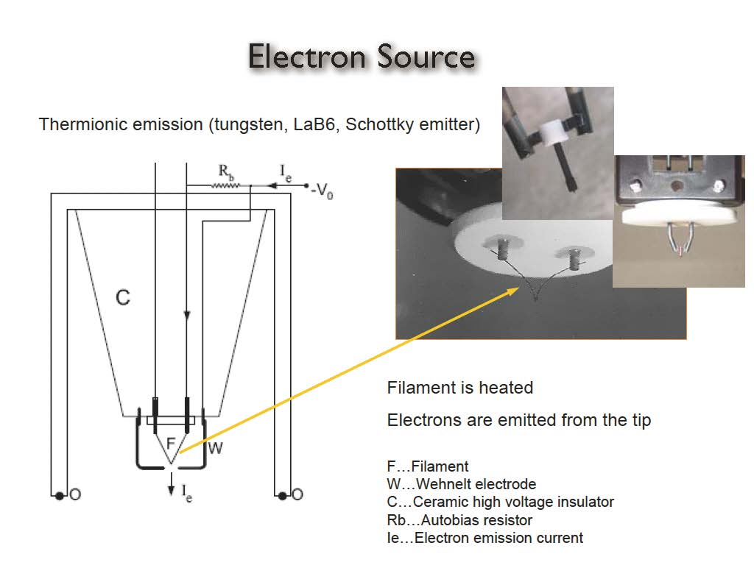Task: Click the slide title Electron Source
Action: point(362,57)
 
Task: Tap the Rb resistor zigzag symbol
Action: point(224,185)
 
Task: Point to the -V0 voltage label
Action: point(322,192)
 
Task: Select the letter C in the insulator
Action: point(123,297)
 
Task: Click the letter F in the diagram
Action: point(170,444)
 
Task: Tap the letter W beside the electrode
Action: point(215,447)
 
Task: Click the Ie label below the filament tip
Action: point(186,494)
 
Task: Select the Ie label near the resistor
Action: point(288,172)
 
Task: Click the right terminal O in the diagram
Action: point(297,494)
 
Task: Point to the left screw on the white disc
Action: point(504,250)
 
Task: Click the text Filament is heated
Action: point(459,387)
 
